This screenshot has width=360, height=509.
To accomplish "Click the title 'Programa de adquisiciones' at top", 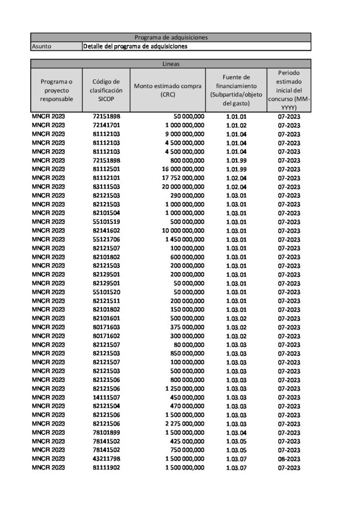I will point(171,37).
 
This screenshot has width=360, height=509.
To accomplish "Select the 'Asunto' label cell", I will point(41,46).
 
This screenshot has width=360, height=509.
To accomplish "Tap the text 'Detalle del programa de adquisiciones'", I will point(135,46).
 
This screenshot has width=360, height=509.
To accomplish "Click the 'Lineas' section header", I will point(171,64).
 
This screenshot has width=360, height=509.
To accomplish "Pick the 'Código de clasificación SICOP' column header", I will point(106,90).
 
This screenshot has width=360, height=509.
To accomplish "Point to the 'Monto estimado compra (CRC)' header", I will point(168,90).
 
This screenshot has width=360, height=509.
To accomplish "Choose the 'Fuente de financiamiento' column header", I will point(236,90).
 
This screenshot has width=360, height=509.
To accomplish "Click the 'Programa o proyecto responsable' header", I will point(56,90).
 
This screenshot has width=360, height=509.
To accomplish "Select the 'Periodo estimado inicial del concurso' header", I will point(289,90).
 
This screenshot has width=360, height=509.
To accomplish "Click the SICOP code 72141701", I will point(106,125).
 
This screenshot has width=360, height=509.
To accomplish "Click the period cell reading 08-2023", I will point(289,459).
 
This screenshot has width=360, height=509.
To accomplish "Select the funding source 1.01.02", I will point(236,125).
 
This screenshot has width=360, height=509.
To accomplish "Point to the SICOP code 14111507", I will point(106,397).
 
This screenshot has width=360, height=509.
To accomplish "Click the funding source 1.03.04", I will point(236,432).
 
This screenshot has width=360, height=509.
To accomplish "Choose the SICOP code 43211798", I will point(106,459).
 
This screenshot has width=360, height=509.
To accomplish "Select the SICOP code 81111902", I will point(106,468).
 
